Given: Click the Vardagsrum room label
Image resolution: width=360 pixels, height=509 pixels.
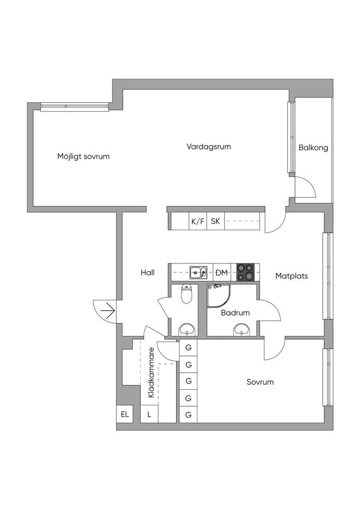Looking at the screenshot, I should coord(209,147).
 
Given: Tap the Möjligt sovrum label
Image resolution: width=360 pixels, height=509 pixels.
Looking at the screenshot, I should coord(83,156).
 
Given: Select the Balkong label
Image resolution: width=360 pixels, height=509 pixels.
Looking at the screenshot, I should coord(313,148).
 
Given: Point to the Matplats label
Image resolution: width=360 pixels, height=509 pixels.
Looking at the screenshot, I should coord(291,275).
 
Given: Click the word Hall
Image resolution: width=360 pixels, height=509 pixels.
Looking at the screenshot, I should coord(148,272).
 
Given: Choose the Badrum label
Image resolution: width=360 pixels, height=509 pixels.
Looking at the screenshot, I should coord(235,313).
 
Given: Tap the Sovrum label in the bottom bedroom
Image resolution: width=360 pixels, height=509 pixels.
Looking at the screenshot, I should coord(260,382).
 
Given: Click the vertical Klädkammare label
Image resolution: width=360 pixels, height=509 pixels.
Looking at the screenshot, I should coord(151,376).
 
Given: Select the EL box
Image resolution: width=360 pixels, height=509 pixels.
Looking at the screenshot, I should coord(124,414).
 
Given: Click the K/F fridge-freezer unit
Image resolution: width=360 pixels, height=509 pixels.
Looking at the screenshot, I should coord(197,221).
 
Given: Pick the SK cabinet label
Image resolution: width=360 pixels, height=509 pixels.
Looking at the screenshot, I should coord(215,221).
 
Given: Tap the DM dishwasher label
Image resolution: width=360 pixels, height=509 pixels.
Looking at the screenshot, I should coord(221,272).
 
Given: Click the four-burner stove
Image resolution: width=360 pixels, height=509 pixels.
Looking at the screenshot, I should coord(245,272).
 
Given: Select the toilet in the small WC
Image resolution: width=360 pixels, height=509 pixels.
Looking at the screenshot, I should coord(187,294).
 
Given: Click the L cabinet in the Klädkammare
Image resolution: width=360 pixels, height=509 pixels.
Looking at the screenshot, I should coord(149,414).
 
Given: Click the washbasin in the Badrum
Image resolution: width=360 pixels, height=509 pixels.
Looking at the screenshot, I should coord(242,329).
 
